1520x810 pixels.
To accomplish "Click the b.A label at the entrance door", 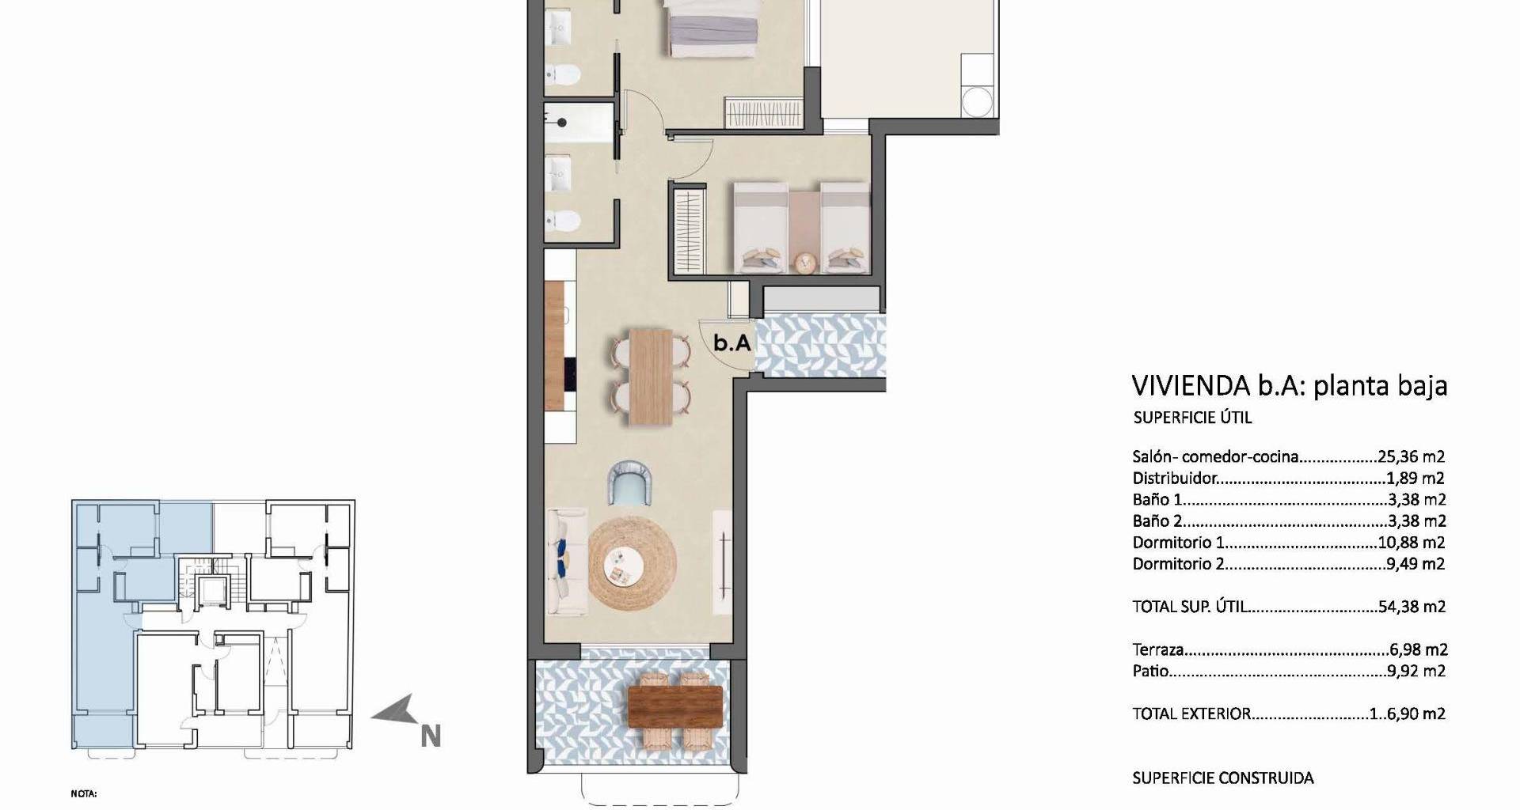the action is click(x=731, y=343).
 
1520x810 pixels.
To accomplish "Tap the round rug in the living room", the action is click(x=633, y=563).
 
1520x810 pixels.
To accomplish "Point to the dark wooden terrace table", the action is click(x=675, y=706).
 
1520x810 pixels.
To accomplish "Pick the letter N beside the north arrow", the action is click(x=430, y=737).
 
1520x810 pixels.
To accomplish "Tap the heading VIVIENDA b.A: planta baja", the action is click(x=1290, y=385).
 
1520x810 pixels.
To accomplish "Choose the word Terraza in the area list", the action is click(x=1158, y=649).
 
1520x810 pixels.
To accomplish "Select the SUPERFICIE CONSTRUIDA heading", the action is click(x=1223, y=778).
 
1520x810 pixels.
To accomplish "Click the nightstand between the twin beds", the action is click(x=805, y=262).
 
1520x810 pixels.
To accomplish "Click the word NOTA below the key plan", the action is click(x=83, y=793).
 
